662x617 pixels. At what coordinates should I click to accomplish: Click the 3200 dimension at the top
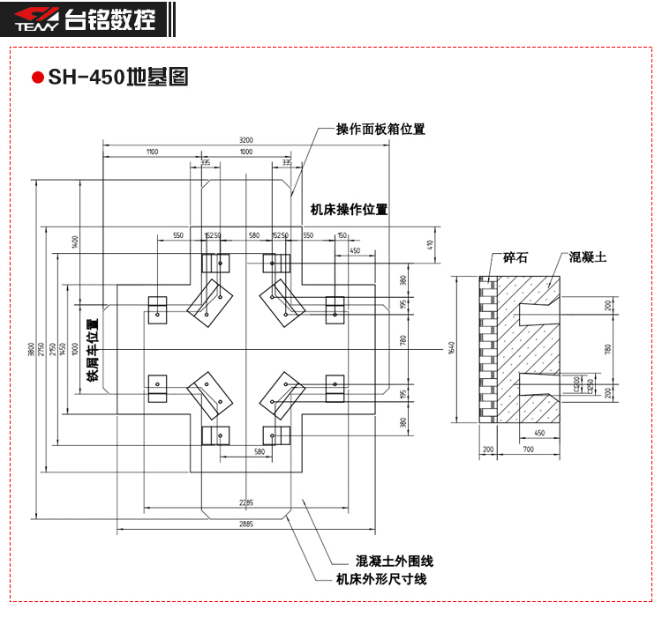[245, 140]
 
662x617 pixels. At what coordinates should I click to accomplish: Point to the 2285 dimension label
[245, 502]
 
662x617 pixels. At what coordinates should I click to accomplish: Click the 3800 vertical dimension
[32, 352]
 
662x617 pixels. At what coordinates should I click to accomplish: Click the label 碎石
[515, 257]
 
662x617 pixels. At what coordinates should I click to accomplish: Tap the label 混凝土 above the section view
[588, 257]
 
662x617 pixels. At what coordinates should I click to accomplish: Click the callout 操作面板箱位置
[380, 130]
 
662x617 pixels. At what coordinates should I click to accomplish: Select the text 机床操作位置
[349, 210]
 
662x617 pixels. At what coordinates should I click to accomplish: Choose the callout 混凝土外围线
[395, 561]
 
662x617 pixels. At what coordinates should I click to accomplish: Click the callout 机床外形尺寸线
[381, 579]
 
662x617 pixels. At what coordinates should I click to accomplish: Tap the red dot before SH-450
[37, 78]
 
